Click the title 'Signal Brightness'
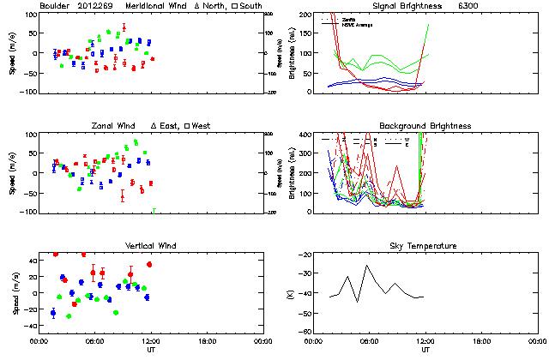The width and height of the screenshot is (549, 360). pos(414,6)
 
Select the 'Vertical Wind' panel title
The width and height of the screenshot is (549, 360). pos(148,246)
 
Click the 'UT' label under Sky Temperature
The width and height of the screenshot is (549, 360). pos(425,350)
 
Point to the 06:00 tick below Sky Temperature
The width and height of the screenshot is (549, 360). pos(370,341)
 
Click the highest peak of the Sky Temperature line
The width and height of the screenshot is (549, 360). pos(367,266)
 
